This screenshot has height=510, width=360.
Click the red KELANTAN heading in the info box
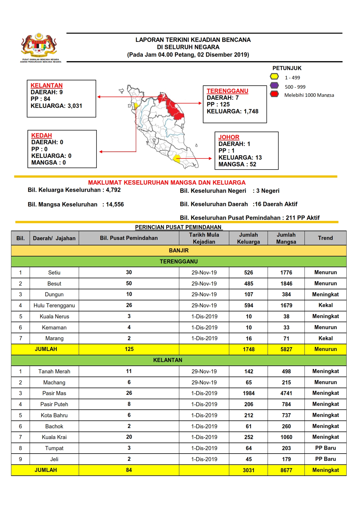click(x=46, y=85)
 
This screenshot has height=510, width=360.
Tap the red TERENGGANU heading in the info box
click(x=227, y=91)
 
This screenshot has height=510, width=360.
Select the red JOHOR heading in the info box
click(x=229, y=137)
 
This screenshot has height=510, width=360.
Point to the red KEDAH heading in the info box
click(x=42, y=135)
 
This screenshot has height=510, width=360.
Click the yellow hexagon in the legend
click(x=274, y=77)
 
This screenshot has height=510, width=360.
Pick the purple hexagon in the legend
click(x=274, y=85)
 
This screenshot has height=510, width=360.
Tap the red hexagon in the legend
click(x=274, y=94)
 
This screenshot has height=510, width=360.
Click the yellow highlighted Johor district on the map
click(x=177, y=159)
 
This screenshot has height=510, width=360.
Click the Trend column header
click(x=325, y=238)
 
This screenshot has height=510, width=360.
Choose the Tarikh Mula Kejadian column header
click(x=204, y=238)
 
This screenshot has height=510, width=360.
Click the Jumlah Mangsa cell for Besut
click(x=286, y=283)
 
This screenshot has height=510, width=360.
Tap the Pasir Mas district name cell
click(x=54, y=393)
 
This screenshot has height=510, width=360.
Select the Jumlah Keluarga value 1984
click(x=248, y=393)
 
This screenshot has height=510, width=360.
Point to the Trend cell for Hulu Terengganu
click(x=325, y=305)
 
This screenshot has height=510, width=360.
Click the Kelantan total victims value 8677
click(x=286, y=470)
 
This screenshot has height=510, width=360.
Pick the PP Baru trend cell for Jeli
click(x=325, y=459)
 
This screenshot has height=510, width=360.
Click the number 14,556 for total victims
click(x=115, y=204)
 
